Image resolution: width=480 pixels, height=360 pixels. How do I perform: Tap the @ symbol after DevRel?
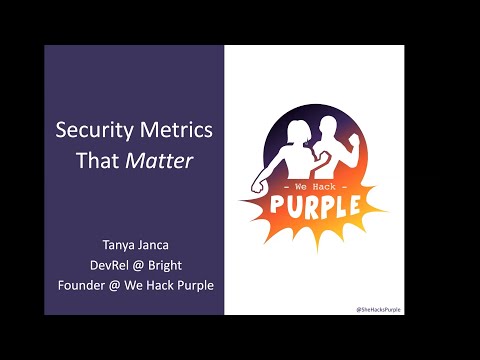(x=138, y=265)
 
